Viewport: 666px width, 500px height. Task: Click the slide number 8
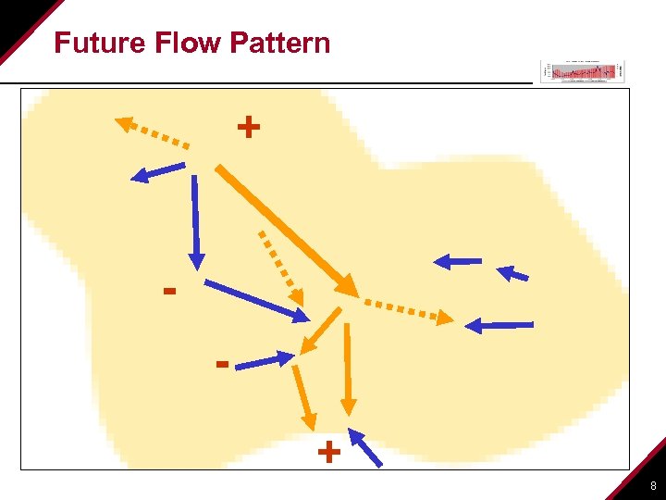[653, 486]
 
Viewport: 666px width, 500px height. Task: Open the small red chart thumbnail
[583, 71]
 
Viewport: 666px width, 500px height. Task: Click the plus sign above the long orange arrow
[248, 126]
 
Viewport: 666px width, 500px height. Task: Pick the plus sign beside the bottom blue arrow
[328, 453]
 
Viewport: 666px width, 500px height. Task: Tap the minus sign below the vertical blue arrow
[169, 292]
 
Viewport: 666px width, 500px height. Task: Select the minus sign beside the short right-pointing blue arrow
[222, 364]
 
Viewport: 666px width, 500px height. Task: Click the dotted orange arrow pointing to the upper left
[153, 132]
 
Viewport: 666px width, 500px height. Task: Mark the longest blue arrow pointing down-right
[256, 301]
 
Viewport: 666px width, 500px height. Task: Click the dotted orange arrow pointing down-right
[280, 266]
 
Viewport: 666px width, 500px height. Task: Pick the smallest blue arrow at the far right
[513, 273]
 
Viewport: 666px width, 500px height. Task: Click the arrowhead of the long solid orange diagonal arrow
[349, 286]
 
